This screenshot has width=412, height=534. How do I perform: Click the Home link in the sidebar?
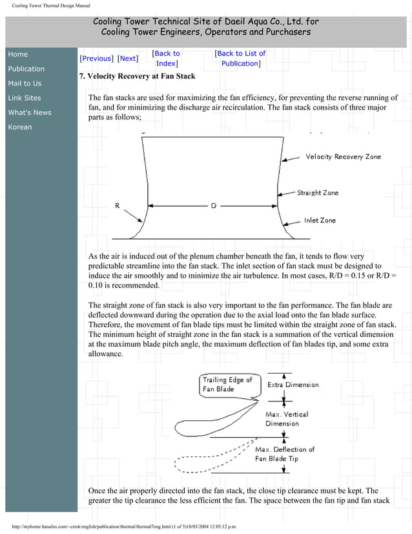18,54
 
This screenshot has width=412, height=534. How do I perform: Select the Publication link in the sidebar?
26,69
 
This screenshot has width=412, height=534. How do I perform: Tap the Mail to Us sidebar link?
25,83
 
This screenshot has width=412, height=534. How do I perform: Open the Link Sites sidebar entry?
25,98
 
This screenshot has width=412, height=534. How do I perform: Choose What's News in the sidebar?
30,112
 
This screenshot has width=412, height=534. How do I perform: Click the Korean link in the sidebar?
20,127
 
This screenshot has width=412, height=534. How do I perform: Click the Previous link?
96,58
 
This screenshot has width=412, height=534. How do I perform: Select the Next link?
128,58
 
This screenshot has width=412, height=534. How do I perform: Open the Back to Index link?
167,58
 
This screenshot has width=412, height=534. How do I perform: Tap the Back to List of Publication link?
240,58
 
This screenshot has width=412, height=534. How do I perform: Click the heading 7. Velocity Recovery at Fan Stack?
137,76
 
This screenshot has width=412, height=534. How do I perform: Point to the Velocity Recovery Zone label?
343,156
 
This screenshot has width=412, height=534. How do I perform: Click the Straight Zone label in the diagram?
317,193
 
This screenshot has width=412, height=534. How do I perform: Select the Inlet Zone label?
320,220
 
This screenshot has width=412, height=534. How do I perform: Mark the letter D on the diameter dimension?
213,206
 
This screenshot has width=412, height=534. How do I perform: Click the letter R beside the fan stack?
117,205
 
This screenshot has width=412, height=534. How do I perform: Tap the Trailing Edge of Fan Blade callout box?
227,385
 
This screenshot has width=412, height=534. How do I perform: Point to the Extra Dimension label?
293,385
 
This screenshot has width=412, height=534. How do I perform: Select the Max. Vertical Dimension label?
287,418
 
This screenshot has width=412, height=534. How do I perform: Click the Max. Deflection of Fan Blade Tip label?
285,454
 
